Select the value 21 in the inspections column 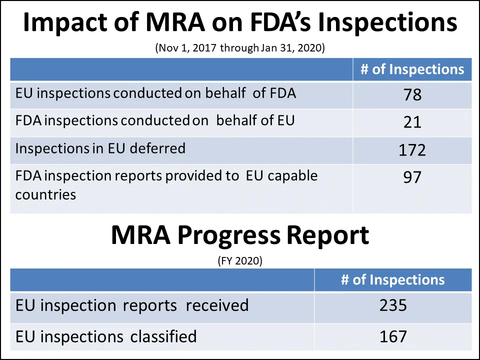pyautogui.click(x=412, y=121)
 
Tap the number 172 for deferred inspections pyautogui.click(x=412, y=149)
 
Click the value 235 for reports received pyautogui.click(x=393, y=305)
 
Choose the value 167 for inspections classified pyautogui.click(x=393, y=336)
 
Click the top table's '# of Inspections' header pyautogui.click(x=412, y=69)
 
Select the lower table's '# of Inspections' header pyautogui.click(x=392, y=279)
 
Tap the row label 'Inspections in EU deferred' pyautogui.click(x=100, y=148)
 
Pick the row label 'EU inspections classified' pyautogui.click(x=105, y=336)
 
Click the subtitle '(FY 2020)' pyautogui.click(x=240, y=260)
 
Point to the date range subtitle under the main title pyautogui.click(x=240, y=48)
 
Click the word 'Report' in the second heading pyautogui.click(x=330, y=235)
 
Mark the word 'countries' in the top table pyautogui.click(x=45, y=194)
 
